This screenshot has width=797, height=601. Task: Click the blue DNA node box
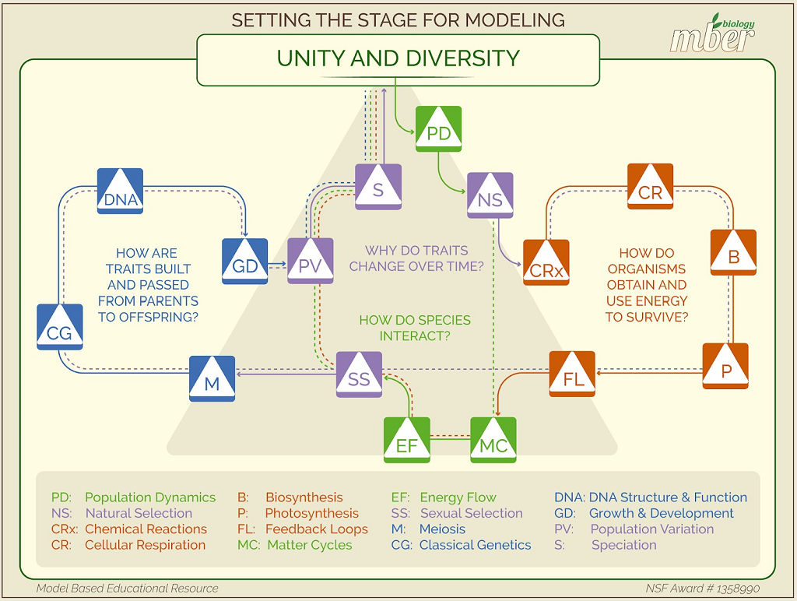(120, 191)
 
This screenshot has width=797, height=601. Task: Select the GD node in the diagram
(245, 262)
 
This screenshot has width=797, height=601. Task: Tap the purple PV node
(311, 262)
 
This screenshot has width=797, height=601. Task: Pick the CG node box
(60, 326)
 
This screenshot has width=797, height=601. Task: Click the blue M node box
(212, 378)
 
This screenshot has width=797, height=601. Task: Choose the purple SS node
(359, 374)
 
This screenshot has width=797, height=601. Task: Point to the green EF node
(407, 441)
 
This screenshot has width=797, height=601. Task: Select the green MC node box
(493, 441)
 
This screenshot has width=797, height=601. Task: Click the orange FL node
(573, 374)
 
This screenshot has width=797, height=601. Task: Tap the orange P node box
(726, 366)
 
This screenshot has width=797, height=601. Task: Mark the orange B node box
(733, 252)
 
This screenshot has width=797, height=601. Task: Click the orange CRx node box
(546, 263)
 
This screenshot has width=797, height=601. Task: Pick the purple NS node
(490, 195)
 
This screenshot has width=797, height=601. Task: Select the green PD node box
(439, 128)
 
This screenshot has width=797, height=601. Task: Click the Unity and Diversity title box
(398, 58)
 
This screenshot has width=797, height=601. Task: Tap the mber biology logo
(713, 34)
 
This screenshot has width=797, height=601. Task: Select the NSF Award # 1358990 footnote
(702, 589)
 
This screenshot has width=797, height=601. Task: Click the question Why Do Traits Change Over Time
(416, 258)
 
